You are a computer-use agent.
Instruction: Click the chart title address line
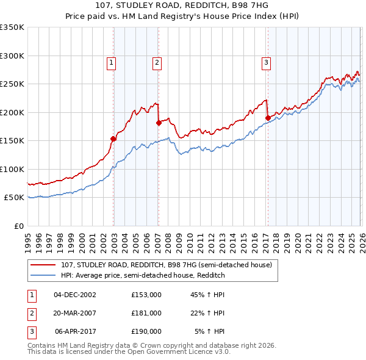point(182,5)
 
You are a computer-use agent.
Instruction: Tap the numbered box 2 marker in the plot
point(157,62)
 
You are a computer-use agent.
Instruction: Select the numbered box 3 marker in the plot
point(267,62)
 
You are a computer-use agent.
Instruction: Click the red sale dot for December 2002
point(113,139)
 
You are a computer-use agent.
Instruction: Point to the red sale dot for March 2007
point(159,123)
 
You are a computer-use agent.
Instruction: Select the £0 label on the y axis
point(18,226)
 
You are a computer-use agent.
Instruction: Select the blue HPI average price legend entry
point(143,275)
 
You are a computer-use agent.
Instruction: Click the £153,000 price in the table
point(146,295)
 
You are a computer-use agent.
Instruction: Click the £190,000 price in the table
point(146,331)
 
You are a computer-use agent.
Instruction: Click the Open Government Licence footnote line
point(129,352)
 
